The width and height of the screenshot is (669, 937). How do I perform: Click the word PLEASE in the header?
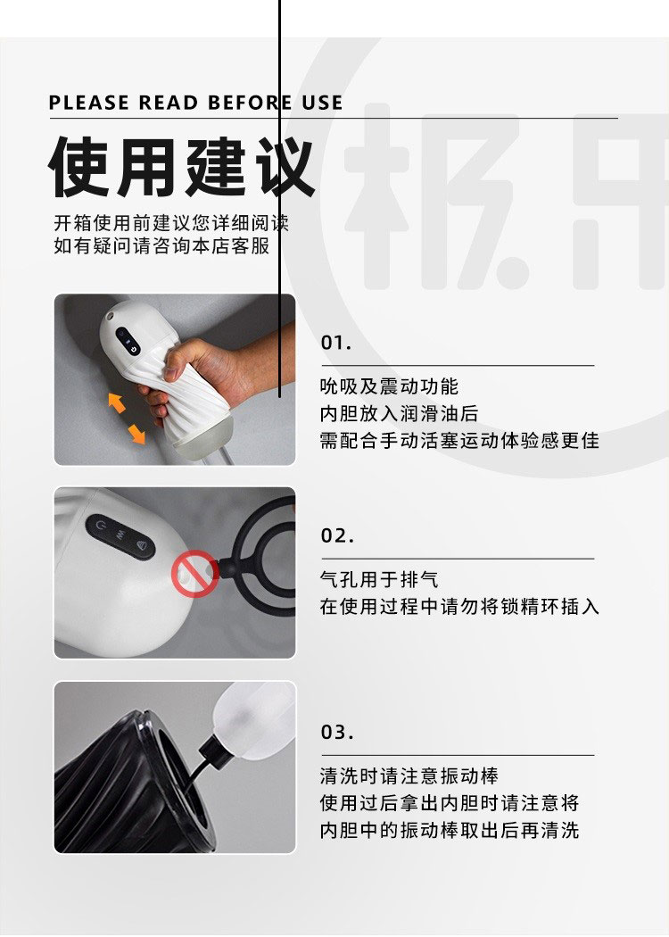click(88, 103)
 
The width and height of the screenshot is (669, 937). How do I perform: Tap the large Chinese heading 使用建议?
click(181, 167)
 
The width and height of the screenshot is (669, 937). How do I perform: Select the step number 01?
click(336, 343)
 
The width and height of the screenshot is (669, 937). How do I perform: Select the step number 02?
click(337, 535)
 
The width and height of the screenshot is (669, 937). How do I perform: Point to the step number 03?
click(337, 732)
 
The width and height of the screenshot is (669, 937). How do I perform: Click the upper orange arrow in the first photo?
click(117, 402)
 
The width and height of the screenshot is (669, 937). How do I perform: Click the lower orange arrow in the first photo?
click(136, 433)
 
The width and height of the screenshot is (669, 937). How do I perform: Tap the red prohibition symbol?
click(194, 573)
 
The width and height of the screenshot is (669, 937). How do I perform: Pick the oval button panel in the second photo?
click(120, 537)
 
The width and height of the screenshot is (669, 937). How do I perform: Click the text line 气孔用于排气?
click(379, 579)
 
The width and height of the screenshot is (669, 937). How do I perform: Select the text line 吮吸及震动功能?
click(390, 386)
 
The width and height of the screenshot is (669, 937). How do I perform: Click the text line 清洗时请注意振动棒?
click(409, 775)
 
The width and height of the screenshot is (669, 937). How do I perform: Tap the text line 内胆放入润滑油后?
click(399, 413)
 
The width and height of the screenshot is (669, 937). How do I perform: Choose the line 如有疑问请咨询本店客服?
click(161, 245)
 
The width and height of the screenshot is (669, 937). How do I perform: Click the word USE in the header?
click(323, 103)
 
